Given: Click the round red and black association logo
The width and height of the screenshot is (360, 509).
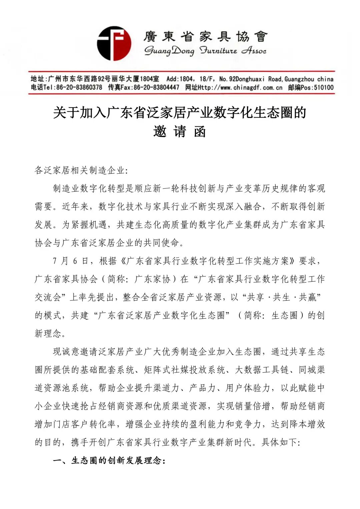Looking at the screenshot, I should pos(114,44).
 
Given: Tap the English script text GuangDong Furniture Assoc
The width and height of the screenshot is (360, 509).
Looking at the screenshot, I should pos(205,51).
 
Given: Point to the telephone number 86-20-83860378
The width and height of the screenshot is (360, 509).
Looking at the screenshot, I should pos(79,88).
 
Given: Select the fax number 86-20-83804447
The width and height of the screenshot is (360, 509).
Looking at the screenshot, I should pos(156,88).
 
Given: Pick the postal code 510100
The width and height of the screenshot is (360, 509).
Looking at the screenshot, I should pos(323,88).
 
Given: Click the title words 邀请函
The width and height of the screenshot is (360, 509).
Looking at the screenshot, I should pos(180,132).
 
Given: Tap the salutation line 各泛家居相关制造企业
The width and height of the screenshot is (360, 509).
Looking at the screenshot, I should pos(80,170).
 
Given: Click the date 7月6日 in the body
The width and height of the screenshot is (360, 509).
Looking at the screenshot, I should pos(71,261).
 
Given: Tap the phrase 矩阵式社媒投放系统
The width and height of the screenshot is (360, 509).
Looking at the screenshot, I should pos(184,370).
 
